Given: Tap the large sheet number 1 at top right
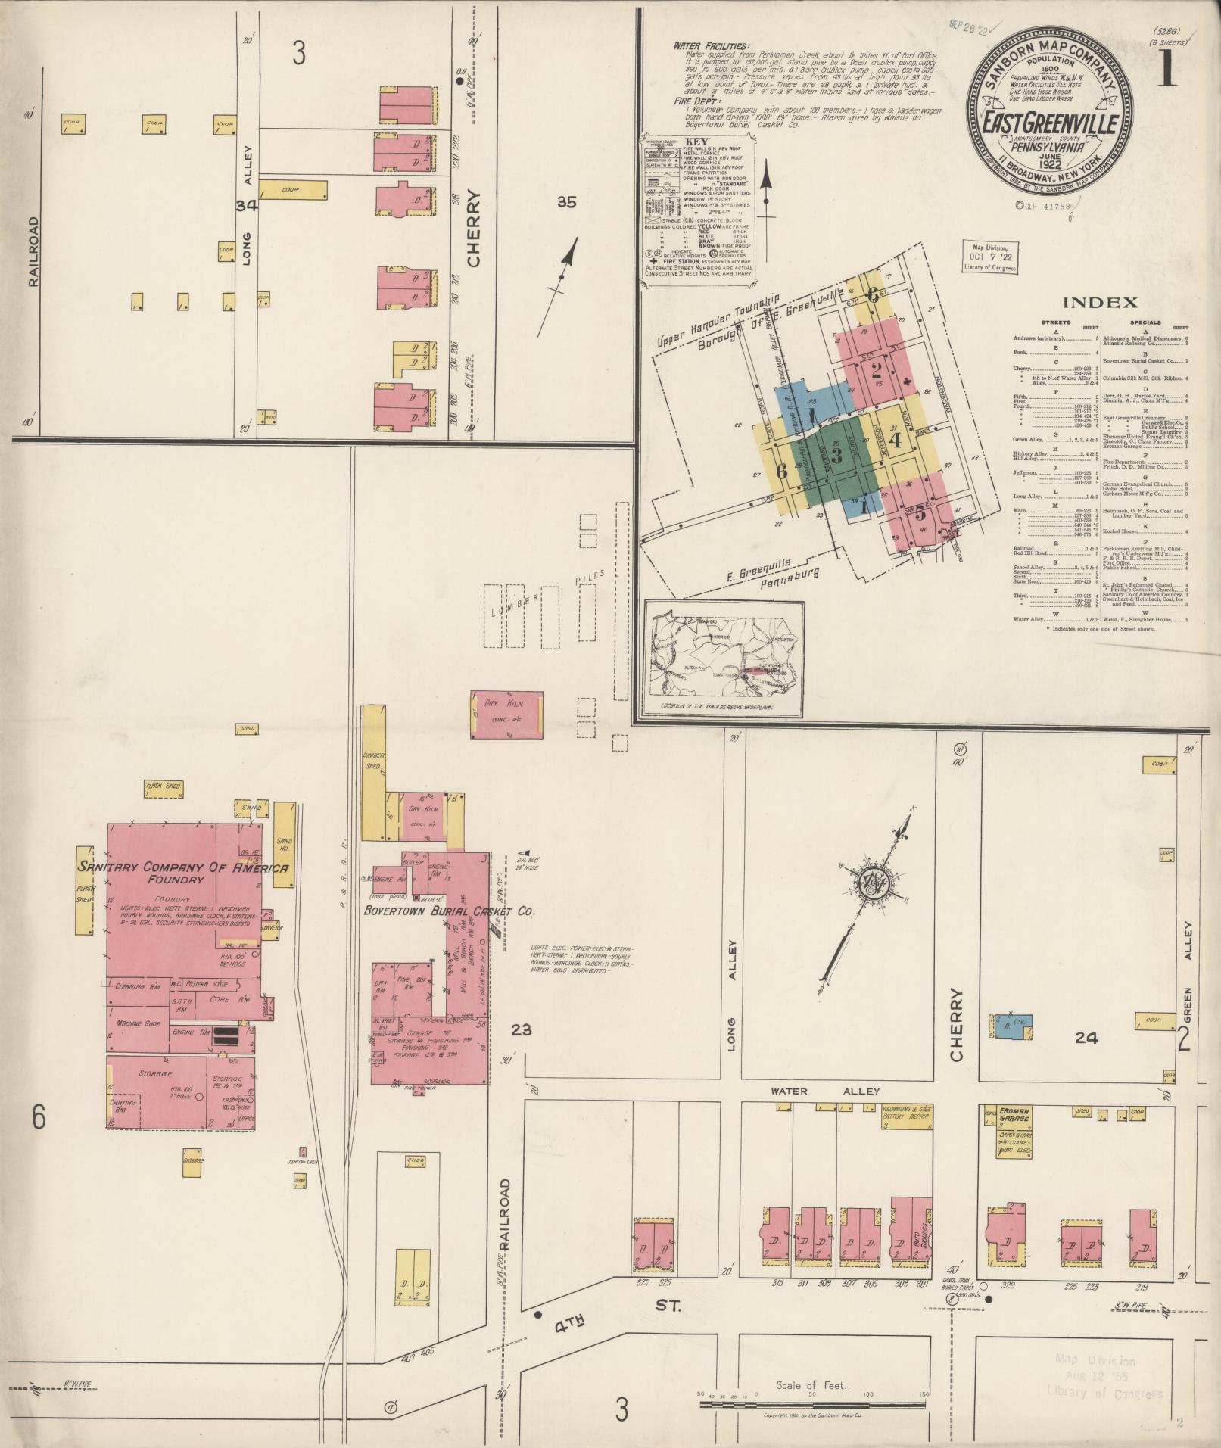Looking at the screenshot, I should pyautogui.click(x=1166, y=70).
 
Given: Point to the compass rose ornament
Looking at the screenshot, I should pyautogui.click(x=868, y=881).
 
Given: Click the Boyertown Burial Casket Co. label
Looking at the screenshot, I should pyautogui.click(x=450, y=912).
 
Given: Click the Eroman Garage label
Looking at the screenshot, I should pyautogui.click(x=1010, y=1116).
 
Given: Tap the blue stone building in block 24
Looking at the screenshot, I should pyautogui.click(x=1010, y=1026).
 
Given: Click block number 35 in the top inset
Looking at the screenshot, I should pyautogui.click(x=567, y=202).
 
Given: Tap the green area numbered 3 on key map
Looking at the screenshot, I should pyautogui.click(x=836, y=455).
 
